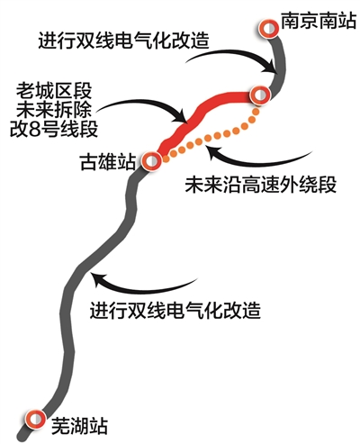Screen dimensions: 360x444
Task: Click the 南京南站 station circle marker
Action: [x=268, y=29]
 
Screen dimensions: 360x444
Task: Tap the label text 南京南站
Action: [x=319, y=21]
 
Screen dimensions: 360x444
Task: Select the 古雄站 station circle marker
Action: [x=152, y=161]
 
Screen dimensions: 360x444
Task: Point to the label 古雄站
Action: [x=107, y=162]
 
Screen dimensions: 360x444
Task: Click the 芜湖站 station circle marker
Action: [x=35, y=418]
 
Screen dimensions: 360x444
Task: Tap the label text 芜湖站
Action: [x=79, y=426]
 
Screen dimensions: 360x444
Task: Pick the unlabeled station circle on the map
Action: [x=260, y=95]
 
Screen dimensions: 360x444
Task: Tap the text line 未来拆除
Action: [x=54, y=110]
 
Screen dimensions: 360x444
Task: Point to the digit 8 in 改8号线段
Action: [x=34, y=130]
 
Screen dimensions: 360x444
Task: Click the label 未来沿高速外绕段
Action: [x=261, y=184]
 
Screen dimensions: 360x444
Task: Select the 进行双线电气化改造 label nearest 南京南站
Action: [x=123, y=40]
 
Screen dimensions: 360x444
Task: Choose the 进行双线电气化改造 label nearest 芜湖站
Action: [x=175, y=310]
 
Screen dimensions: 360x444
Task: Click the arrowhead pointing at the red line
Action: [x=180, y=117]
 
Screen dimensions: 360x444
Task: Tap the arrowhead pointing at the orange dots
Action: [x=211, y=150]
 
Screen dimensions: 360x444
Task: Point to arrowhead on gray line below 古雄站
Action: [x=97, y=278]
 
